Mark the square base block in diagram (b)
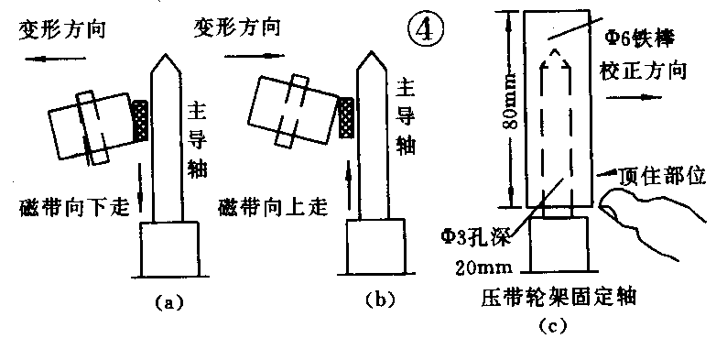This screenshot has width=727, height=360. [377, 249]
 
